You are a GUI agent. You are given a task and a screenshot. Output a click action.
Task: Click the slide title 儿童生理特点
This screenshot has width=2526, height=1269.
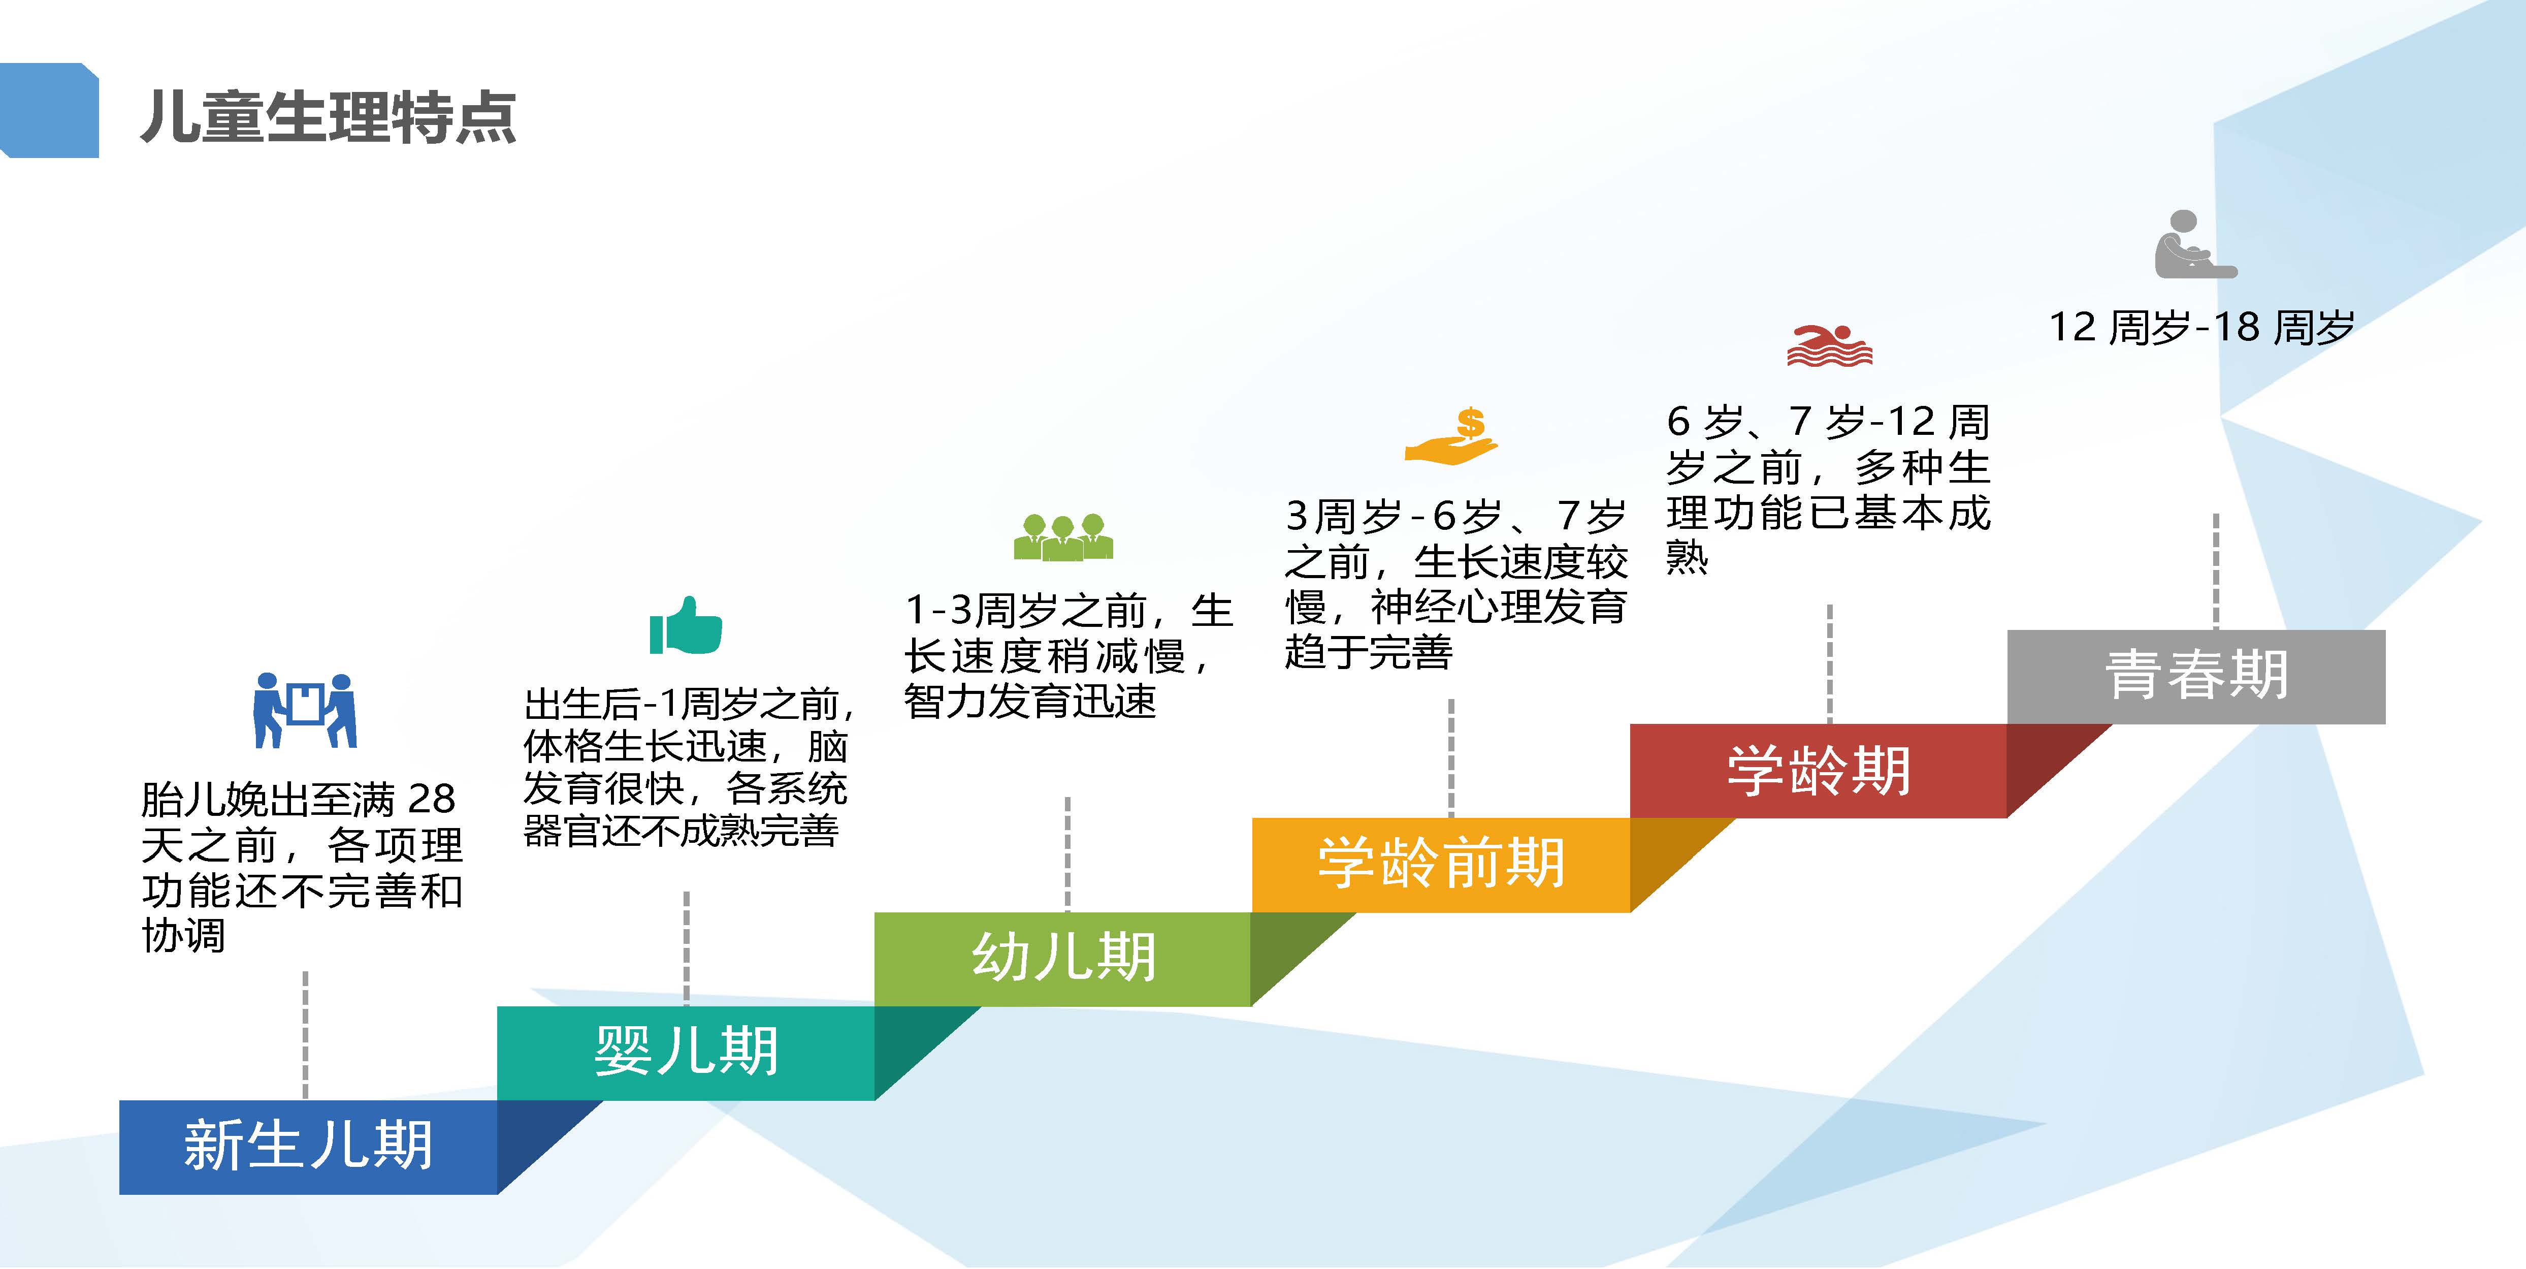(x=329, y=118)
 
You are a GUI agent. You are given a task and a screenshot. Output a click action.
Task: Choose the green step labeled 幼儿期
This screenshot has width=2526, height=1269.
(x=1063, y=958)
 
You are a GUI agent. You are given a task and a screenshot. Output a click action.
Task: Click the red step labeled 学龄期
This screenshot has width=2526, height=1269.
(x=1819, y=770)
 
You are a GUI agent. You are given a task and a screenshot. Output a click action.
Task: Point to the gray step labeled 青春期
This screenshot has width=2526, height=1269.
(x=2196, y=677)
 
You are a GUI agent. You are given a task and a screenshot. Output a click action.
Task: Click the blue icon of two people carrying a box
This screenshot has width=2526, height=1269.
(x=305, y=710)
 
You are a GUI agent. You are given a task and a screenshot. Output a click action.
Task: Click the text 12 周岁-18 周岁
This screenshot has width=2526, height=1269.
(x=2201, y=327)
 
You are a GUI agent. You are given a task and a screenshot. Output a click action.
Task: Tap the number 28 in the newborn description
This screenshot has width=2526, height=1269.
(x=432, y=799)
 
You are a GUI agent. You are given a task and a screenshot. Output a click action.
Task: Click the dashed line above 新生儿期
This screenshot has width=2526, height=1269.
(x=305, y=1035)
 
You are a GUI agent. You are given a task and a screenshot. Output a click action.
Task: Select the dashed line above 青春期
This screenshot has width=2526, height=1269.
(x=2216, y=571)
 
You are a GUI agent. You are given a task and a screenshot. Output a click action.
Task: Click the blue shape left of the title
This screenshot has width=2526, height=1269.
(x=49, y=110)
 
